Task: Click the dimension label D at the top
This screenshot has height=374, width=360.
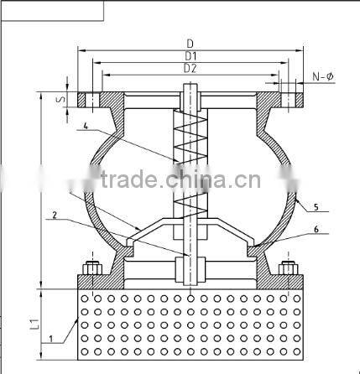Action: click(191, 43)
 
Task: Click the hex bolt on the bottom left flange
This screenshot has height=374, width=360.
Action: click(90, 272)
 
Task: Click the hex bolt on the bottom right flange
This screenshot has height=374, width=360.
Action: click(288, 272)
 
